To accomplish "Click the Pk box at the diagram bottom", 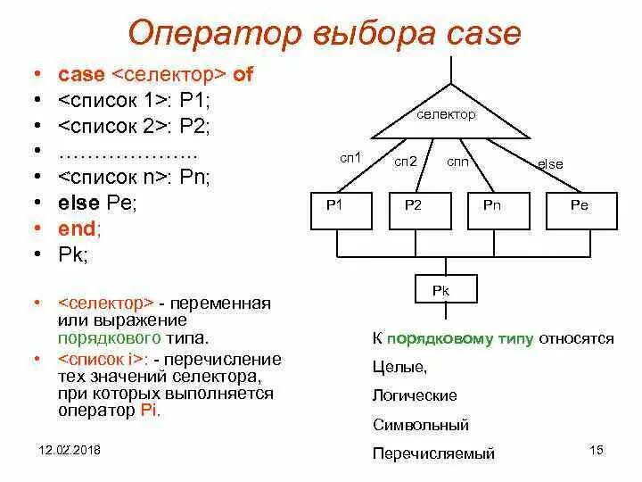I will pyautogui.click(x=448, y=289).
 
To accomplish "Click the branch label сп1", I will pyautogui.click(x=350, y=157).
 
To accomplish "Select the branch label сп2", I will pyautogui.click(x=406, y=162).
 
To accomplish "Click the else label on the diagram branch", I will pyautogui.click(x=550, y=164).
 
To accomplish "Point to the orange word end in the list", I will pyautogui.click(x=78, y=229).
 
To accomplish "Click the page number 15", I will pyautogui.click(x=597, y=449).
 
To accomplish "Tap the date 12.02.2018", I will pyautogui.click(x=70, y=449).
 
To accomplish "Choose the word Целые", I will pyautogui.click(x=400, y=367).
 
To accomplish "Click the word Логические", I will pyautogui.click(x=415, y=395).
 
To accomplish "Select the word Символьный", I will pyautogui.click(x=421, y=424).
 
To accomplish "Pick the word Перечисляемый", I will pyautogui.click(x=433, y=453).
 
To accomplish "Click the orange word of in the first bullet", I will pyautogui.click(x=243, y=75).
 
